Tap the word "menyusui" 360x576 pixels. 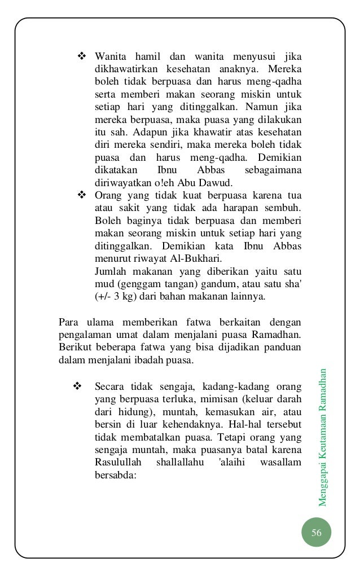pyautogui.click(x=247, y=57)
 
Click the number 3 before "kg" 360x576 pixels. pyautogui.click(x=115, y=296)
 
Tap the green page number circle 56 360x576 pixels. pyautogui.click(x=316, y=534)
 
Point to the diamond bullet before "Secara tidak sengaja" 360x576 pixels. pyautogui.click(x=78, y=386)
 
